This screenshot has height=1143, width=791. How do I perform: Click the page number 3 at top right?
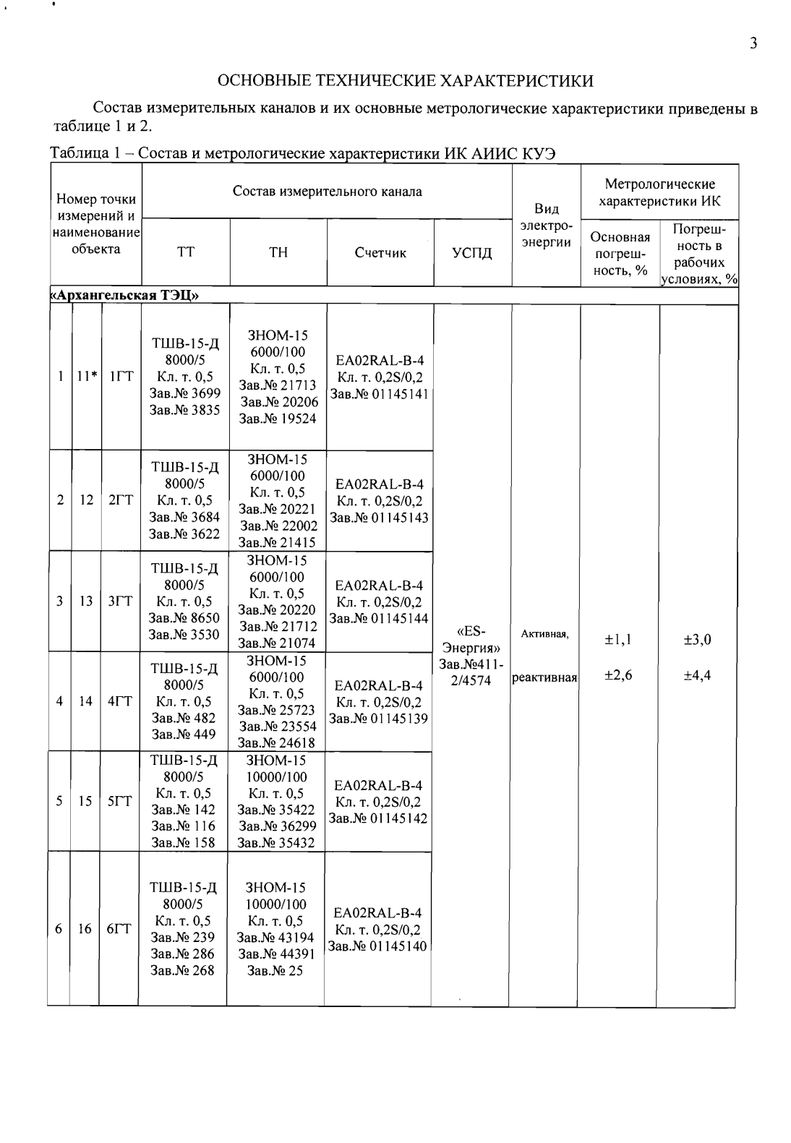coord(753,43)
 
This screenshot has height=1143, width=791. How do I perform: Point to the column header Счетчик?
coord(380,252)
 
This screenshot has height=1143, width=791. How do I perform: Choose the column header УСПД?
coord(472,252)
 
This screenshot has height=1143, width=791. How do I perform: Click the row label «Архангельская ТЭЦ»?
coord(124,295)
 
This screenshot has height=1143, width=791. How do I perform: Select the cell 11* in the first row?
coord(86,376)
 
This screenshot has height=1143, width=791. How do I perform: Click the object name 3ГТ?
coord(119,601)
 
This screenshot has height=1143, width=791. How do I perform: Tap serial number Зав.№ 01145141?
coord(380,394)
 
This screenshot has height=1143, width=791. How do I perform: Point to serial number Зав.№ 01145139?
coord(379,719)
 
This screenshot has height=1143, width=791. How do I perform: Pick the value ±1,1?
coord(619,639)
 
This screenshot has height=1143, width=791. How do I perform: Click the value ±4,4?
coord(698,675)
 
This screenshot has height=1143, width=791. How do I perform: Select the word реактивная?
coord(545,678)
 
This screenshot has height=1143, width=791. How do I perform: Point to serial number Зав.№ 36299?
coord(277,826)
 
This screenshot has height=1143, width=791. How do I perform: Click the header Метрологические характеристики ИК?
coord(659,192)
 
